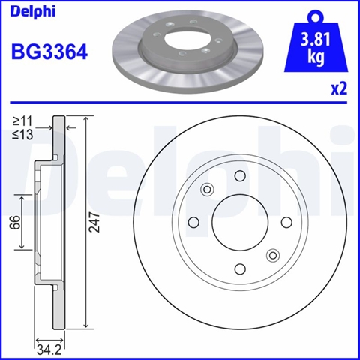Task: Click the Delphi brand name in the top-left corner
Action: tap(33, 11)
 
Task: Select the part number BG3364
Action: tap(49, 52)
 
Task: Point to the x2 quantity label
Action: tap(339, 88)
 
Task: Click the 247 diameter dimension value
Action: tap(94, 222)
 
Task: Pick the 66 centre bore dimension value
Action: tap(14, 222)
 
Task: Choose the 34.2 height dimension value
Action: tap(49, 349)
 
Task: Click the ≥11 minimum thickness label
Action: tap(22, 121)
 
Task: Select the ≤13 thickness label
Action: tap(22, 135)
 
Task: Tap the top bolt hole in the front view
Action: tap(240, 175)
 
